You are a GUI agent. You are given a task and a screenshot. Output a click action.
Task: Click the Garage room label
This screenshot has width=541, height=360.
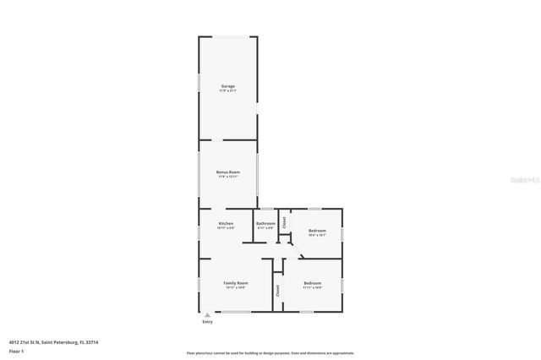(228, 86)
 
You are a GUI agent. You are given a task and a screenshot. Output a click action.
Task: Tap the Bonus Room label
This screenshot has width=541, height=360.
(228, 172)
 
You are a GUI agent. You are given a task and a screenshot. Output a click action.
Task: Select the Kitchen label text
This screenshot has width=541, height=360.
(226, 224)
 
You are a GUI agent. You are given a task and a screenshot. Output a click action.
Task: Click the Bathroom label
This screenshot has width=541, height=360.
(265, 224)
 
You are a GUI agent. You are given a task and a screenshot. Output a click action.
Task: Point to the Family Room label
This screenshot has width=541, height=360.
(235, 282)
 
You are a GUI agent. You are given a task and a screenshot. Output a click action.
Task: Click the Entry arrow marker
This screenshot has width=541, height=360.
(207, 315)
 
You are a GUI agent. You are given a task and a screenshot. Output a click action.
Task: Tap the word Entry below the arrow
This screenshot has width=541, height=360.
(207, 322)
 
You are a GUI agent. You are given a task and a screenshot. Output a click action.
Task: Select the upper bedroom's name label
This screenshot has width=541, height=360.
(317, 231)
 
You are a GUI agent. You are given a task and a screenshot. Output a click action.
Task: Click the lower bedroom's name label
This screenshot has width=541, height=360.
(312, 282)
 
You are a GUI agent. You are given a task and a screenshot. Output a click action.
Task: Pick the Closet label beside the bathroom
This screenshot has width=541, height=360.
(285, 223)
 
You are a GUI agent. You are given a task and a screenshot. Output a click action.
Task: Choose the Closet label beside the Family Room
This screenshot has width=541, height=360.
(276, 289)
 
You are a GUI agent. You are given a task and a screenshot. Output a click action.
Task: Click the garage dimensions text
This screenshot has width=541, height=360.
(228, 91)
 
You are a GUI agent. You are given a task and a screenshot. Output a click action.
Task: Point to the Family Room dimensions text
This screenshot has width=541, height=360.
(235, 287)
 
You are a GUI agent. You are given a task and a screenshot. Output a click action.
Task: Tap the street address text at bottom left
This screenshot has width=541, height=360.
(53, 341)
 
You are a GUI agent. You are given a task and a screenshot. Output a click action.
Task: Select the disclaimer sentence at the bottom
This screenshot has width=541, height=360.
(270, 353)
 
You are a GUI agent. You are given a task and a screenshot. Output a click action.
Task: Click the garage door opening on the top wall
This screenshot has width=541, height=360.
(228, 37)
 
